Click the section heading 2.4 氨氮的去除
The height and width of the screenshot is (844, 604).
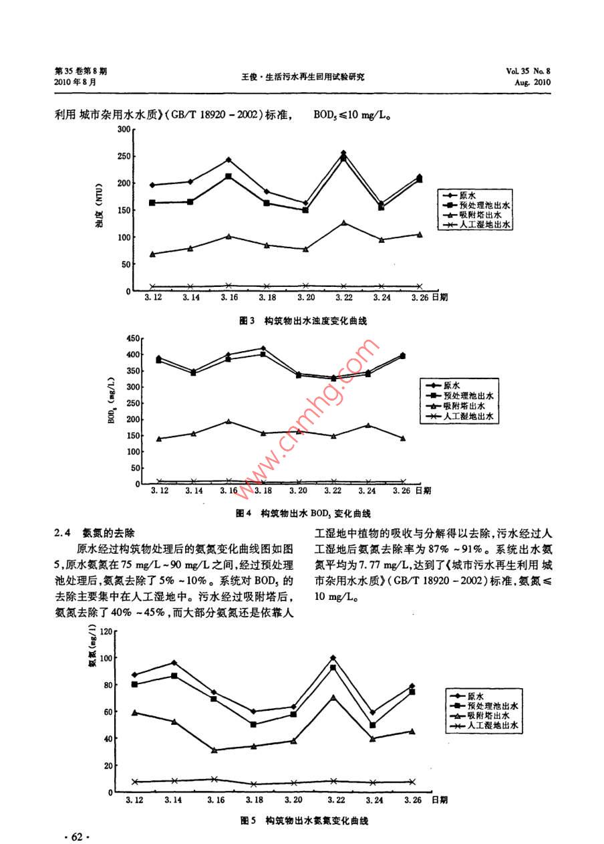pyautogui.click(x=94, y=533)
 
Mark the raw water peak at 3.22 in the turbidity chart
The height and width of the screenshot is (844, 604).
pyautogui.click(x=343, y=153)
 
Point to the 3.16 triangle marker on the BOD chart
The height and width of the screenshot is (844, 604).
pyautogui.click(x=229, y=421)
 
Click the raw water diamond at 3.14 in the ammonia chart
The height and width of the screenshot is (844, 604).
pyautogui.click(x=174, y=663)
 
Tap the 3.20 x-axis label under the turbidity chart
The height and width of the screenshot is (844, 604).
pyautogui.click(x=305, y=298)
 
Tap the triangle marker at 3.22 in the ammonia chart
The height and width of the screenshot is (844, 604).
pyautogui.click(x=333, y=698)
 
